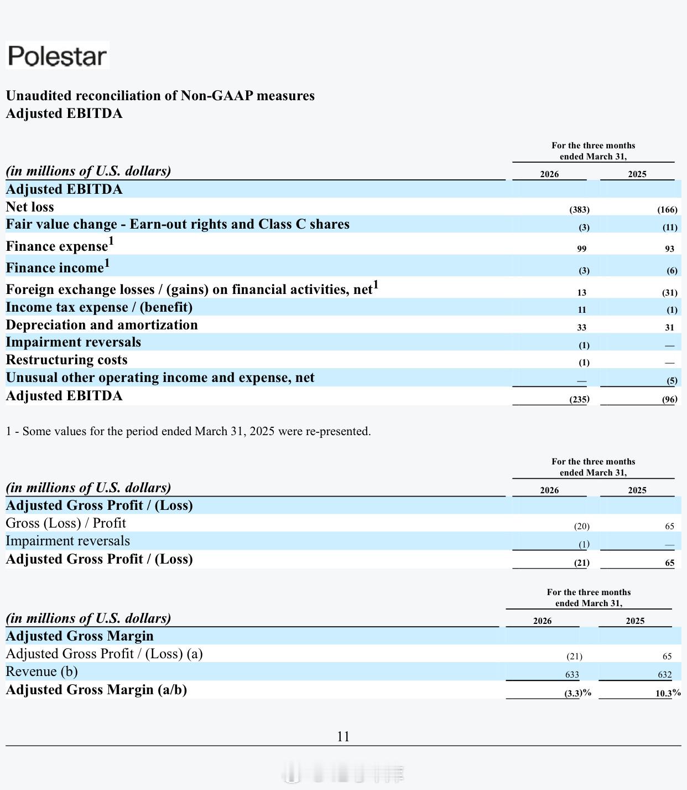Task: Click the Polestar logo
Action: coord(57,55)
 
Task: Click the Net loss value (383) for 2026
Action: coord(579,210)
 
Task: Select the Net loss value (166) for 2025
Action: coord(667,210)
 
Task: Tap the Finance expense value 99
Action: coord(582,249)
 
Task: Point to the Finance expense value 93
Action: coord(670,249)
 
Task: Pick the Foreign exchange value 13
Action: coord(582,293)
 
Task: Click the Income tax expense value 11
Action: coord(582,309)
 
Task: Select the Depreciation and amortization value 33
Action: coord(582,327)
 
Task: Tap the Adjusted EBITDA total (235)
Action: coord(579,399)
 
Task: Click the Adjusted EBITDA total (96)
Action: coord(670,399)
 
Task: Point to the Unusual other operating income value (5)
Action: coord(672,381)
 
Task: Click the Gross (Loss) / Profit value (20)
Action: coord(582,526)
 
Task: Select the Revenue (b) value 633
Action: coord(572,674)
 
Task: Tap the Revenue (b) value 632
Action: coord(665,674)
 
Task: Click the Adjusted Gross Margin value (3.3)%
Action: coord(578,694)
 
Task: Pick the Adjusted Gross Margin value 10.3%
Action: coord(668,694)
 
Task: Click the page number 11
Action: coord(343,737)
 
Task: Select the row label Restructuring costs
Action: coord(67,360)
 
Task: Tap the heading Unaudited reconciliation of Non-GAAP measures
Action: coord(160,96)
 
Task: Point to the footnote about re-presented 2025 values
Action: coord(188,431)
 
